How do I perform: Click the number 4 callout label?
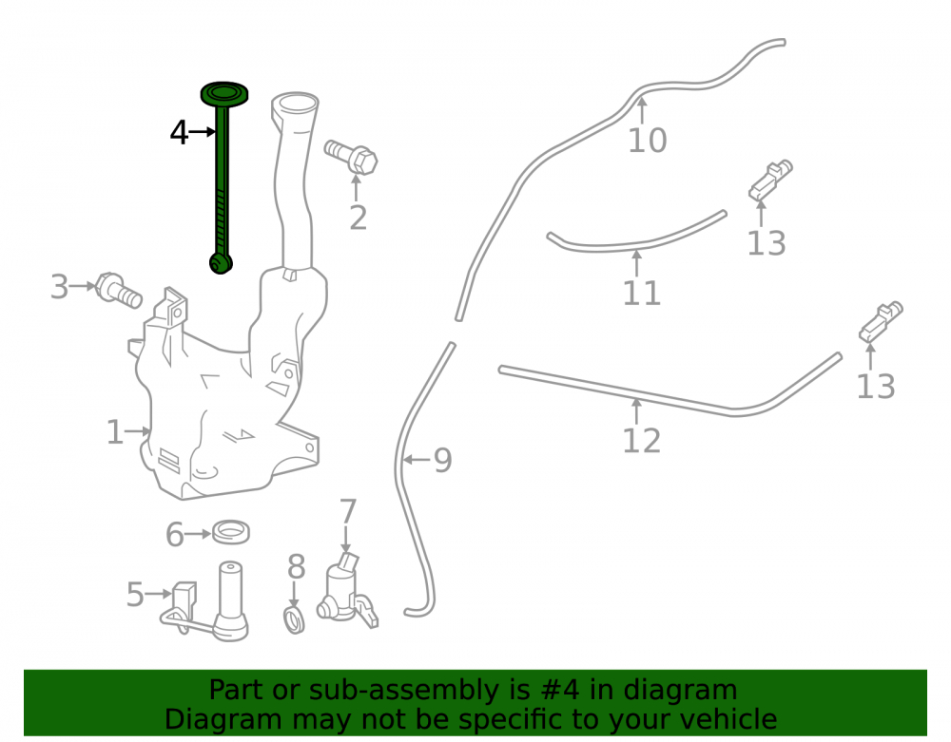coord(179,132)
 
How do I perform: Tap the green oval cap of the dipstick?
coord(224,94)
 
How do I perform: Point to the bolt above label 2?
coord(351,157)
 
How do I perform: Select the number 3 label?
coord(59,287)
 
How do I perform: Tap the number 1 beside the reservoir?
coord(115,432)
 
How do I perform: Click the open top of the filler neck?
coord(295,104)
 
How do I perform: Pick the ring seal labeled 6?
coord(231,532)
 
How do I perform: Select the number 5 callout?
coord(135,594)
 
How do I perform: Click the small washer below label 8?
coord(294,620)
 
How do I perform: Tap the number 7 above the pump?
coord(347,512)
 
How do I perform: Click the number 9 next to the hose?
coord(443,461)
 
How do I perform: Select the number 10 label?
coord(647,141)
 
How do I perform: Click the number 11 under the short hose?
coord(642,294)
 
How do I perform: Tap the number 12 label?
coord(642,441)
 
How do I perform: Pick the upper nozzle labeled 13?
coord(770,180)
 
